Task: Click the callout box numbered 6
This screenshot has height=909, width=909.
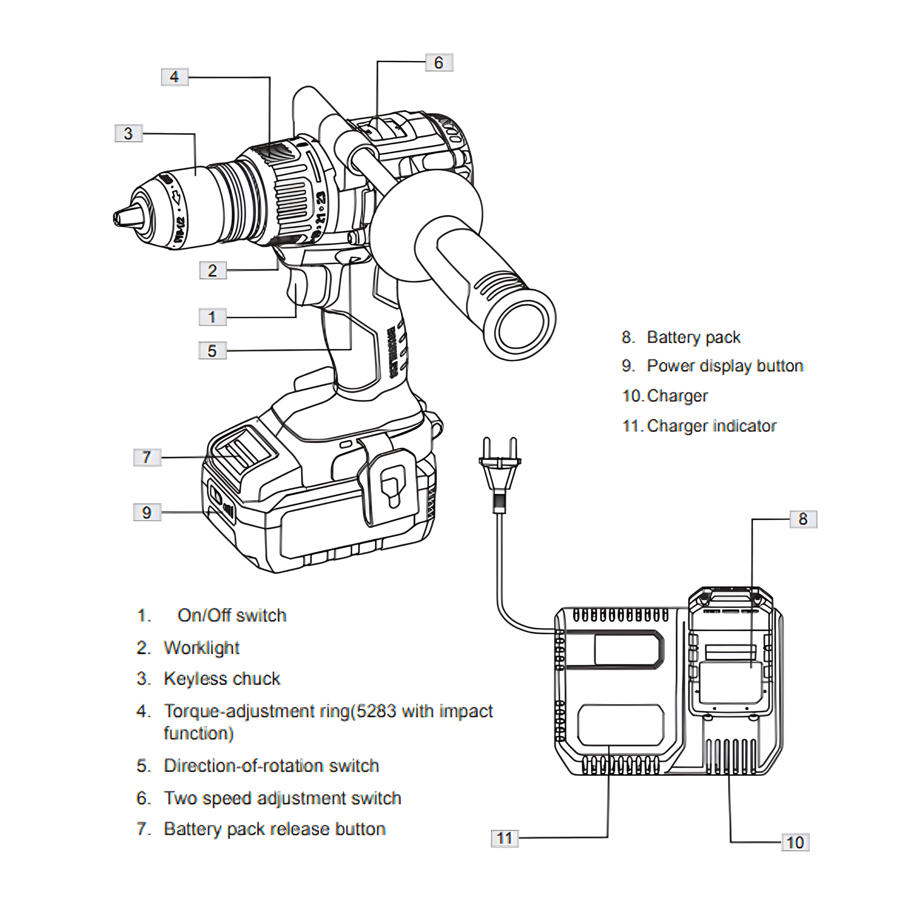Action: click(439, 63)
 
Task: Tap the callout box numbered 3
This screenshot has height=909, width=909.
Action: click(129, 133)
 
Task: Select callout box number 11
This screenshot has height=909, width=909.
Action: click(504, 838)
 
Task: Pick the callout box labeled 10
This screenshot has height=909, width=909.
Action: click(795, 842)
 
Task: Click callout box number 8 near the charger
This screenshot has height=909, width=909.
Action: click(803, 519)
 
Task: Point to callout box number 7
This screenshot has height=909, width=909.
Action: click(147, 457)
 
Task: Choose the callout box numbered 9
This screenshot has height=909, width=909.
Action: click(147, 512)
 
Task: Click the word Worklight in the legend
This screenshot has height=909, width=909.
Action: click(201, 648)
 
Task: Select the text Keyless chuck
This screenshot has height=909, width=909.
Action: click(222, 679)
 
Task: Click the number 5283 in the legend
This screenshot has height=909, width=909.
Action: click(376, 711)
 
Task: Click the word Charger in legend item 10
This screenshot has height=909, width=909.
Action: click(677, 396)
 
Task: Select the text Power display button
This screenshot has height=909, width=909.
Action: click(724, 366)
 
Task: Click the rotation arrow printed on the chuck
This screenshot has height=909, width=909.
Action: click(178, 197)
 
